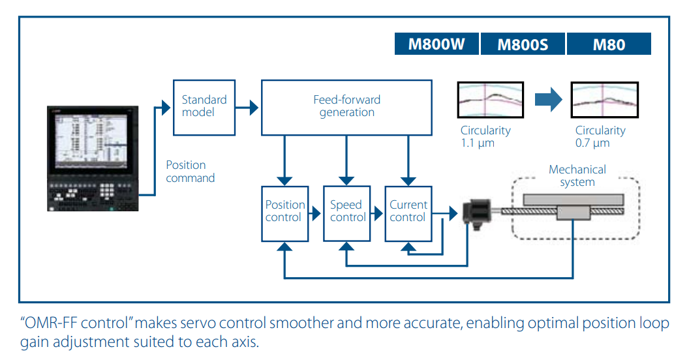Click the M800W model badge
436,44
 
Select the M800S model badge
523,44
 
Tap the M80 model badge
609,44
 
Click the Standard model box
204,106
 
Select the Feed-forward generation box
346,106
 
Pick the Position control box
284,213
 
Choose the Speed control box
347,213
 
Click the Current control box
408,213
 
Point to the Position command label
190,172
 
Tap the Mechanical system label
577,176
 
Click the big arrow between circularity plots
548,100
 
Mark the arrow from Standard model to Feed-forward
248,106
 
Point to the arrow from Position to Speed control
316,213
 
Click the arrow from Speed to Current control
378,213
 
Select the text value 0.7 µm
592,143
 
